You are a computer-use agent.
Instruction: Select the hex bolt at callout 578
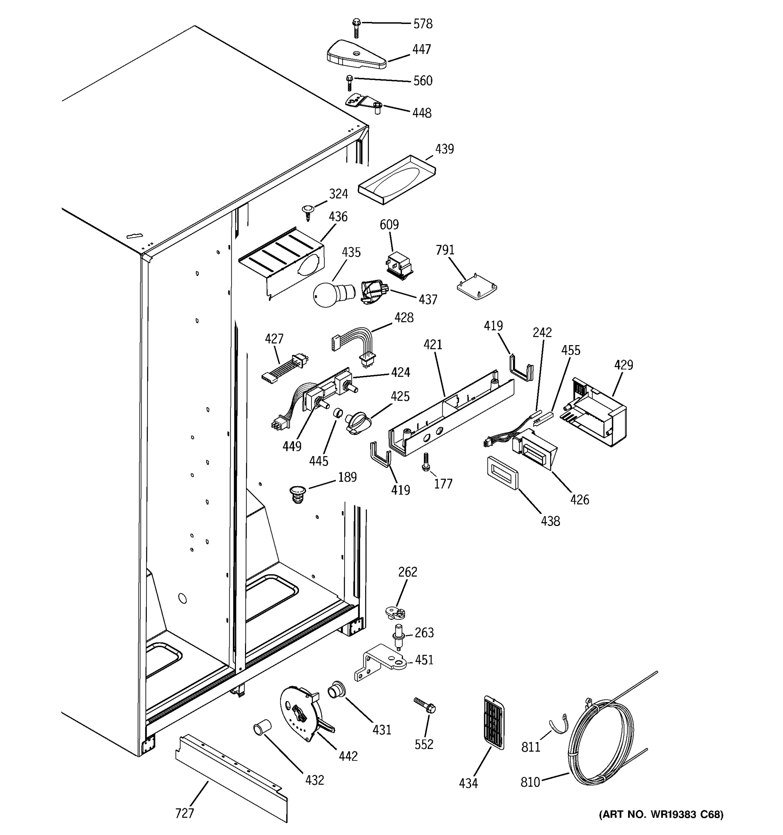356,27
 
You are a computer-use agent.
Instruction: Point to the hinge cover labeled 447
356,55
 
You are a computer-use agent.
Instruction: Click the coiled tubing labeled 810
601,743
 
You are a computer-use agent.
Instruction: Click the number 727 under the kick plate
184,813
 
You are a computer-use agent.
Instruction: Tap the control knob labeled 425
357,422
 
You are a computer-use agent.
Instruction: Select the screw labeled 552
425,707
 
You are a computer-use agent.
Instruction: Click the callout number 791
445,250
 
